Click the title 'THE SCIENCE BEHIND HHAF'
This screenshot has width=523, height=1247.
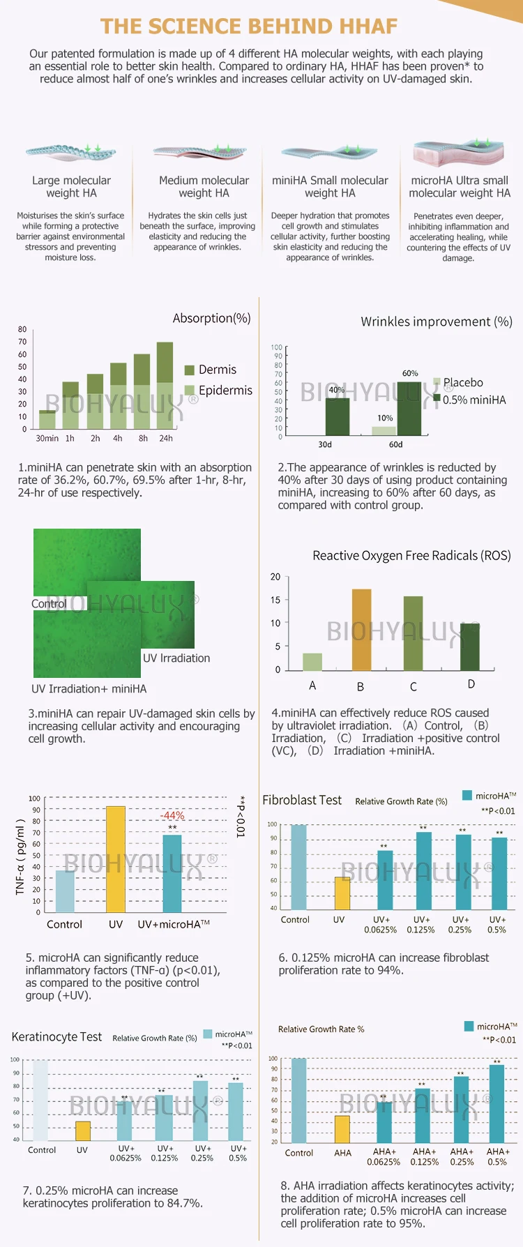(249, 27)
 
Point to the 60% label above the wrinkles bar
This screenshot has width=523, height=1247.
(410, 373)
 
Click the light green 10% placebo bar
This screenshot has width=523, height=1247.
(384, 431)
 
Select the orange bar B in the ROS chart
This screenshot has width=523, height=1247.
(361, 630)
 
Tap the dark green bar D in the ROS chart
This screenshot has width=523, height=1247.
(470, 647)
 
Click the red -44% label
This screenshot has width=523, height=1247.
(172, 815)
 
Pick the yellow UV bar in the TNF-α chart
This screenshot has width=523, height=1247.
(116, 859)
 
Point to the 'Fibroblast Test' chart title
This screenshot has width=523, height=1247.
(302, 800)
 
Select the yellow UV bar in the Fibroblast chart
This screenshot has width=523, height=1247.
(342, 893)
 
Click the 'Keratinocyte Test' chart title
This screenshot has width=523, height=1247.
(56, 1037)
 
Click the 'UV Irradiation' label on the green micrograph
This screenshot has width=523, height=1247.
(176, 658)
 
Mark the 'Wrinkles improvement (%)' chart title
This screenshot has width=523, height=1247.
(437, 322)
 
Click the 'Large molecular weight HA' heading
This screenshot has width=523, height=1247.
(71, 187)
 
